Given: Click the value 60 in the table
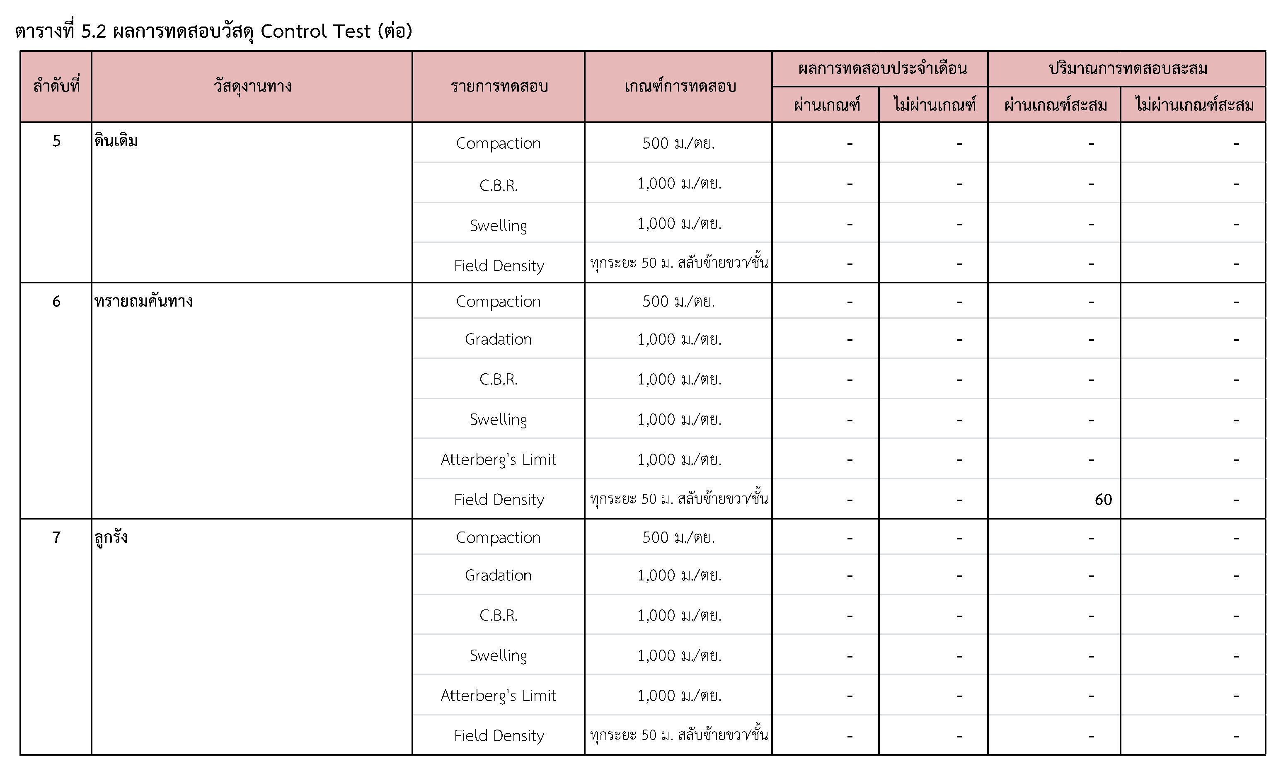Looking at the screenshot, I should tap(1102, 499).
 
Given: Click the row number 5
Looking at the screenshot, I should tap(56, 141).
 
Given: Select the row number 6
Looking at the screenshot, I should tap(56, 301).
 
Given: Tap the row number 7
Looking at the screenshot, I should tap(56, 537).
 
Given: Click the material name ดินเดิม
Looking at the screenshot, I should tap(116, 141).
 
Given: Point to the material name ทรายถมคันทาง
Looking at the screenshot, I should tap(143, 301).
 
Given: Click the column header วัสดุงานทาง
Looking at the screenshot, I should tap(252, 86).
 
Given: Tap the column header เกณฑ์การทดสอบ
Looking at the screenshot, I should tap(680, 86).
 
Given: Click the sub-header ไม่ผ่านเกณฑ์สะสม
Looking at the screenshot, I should tap(1194, 105).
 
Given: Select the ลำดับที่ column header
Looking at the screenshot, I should tap(56, 86).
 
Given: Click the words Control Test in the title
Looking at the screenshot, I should tap(315, 31).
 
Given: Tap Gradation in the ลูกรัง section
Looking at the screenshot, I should tap(498, 575).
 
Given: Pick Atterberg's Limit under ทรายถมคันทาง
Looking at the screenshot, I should tap(498, 459).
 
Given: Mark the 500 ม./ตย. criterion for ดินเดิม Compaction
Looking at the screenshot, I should tap(678, 143).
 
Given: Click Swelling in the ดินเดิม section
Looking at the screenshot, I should tap(498, 225).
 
